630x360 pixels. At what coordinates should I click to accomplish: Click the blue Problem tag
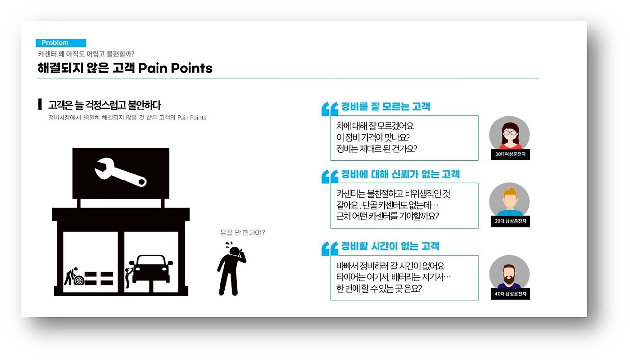click(61, 43)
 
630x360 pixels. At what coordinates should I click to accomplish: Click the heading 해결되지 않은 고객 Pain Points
click(125, 68)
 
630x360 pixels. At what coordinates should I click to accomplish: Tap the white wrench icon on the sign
click(121, 172)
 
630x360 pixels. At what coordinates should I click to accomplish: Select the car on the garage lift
click(151, 268)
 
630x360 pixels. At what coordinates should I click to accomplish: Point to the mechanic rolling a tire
click(72, 276)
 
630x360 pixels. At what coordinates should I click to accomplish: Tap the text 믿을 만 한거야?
click(243, 232)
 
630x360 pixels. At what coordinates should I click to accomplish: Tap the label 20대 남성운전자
click(509, 222)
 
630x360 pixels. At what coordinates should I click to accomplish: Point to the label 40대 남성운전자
click(509, 294)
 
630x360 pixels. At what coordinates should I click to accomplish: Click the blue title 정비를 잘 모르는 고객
click(385, 107)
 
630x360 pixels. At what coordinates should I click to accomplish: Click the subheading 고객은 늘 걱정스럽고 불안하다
click(105, 105)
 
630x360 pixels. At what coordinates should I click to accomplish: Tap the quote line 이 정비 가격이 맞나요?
click(373, 137)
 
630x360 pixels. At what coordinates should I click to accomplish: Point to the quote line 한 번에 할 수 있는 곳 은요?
click(379, 289)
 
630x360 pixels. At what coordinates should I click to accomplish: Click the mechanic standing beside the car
click(128, 276)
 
